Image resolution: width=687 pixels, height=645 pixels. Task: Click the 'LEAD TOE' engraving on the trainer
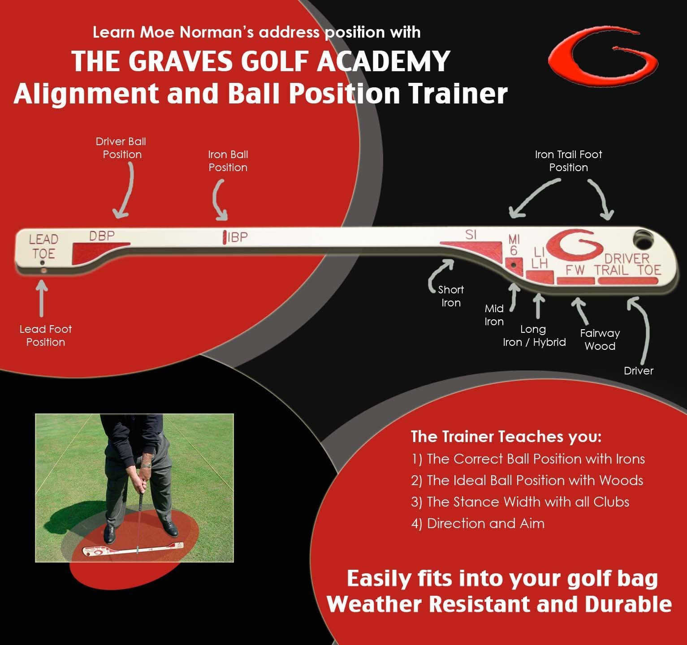click(x=43, y=246)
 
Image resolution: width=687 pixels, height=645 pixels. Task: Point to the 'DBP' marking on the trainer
click(x=102, y=236)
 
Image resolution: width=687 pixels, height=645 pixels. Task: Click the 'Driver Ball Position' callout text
click(x=121, y=148)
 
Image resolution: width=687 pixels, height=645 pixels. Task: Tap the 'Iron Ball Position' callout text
click(x=228, y=161)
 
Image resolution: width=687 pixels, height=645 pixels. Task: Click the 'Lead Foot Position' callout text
click(x=45, y=335)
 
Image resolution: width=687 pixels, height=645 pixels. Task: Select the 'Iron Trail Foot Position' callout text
click(x=568, y=161)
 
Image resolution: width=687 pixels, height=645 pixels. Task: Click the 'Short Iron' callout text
click(x=451, y=296)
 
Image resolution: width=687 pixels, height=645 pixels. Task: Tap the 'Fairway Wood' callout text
click(x=600, y=340)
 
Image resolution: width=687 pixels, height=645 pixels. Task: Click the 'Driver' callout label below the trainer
click(x=638, y=370)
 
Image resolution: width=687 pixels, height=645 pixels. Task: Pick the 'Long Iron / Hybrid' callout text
click(x=534, y=335)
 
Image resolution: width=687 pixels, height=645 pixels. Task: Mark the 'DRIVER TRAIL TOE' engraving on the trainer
click(x=628, y=264)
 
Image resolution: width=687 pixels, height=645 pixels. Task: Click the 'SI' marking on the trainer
click(x=471, y=235)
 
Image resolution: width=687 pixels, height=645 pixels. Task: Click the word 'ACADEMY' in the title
click(x=383, y=61)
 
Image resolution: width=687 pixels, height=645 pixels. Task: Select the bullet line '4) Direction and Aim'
click(x=478, y=523)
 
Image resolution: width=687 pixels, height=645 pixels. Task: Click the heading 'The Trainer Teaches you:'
click(x=506, y=436)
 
